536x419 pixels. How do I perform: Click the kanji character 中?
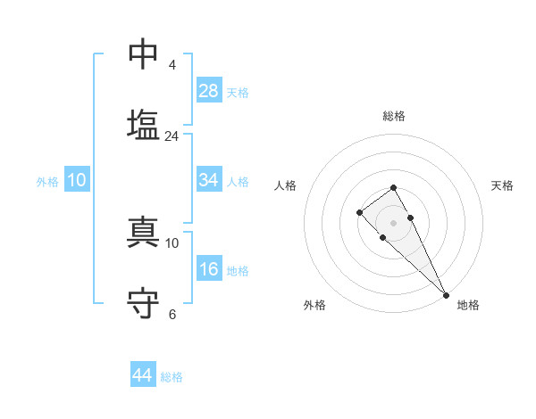[144, 54]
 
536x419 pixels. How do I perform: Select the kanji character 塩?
[144, 124]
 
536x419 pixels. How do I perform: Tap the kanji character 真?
[144, 232]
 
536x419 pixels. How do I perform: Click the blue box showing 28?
[209, 90]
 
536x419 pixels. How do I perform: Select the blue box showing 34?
[209, 180]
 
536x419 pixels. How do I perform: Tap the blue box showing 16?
[209, 269]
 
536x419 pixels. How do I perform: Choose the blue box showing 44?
[143, 375]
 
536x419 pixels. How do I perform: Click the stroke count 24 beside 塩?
[172, 136]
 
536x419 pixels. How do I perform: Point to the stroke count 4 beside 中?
[172, 65]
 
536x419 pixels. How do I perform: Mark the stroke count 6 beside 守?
[172, 314]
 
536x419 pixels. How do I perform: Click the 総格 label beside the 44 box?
[172, 377]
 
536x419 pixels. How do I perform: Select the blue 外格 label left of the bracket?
[47, 182]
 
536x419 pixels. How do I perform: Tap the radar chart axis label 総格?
[393, 116]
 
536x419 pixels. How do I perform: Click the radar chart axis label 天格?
[502, 185]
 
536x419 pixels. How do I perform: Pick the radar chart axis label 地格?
[468, 305]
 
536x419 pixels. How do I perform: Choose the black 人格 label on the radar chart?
[286, 185]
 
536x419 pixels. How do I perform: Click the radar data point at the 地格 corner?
[446, 294]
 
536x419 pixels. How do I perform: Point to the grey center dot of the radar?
[393, 222]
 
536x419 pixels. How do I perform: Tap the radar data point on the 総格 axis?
[393, 187]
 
